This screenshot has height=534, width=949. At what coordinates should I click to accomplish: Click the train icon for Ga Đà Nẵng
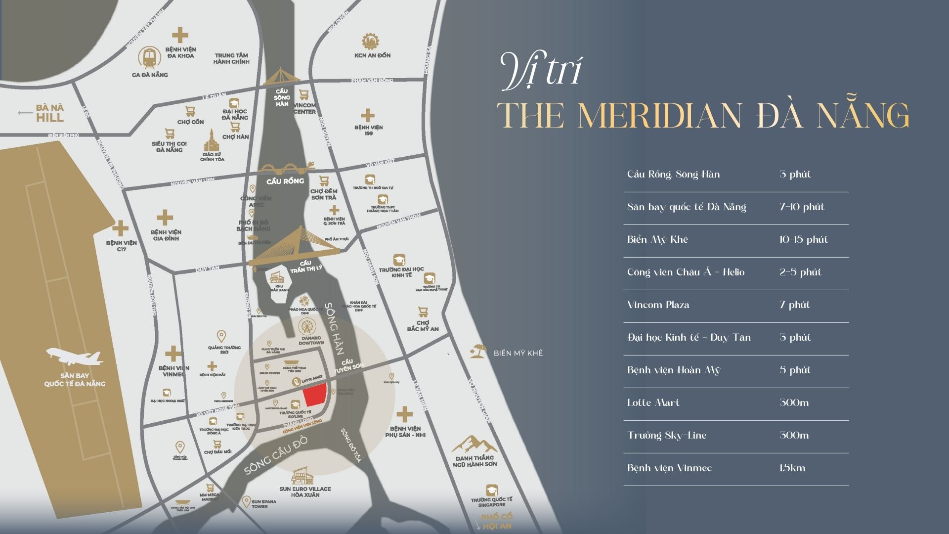(149, 58)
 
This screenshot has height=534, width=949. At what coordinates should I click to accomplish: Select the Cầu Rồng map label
(285, 181)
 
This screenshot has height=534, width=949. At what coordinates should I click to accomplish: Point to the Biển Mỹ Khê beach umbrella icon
(478, 351)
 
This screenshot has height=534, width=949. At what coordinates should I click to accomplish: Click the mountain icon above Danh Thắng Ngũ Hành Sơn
(474, 444)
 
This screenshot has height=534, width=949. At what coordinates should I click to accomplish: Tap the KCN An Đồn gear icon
(369, 42)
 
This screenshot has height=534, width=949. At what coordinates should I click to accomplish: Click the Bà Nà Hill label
(50, 113)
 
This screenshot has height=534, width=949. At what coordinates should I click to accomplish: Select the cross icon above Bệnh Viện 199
(367, 115)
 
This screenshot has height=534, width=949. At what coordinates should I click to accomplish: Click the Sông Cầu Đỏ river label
(276, 455)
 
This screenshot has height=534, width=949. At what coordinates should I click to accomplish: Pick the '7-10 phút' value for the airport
(802, 207)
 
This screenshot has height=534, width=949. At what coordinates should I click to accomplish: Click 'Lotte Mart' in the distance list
(653, 403)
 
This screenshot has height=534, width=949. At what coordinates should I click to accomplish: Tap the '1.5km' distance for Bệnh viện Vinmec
(792, 468)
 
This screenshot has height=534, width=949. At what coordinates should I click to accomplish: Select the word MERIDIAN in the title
(659, 116)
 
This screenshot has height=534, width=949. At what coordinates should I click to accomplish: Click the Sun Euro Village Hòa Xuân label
(305, 492)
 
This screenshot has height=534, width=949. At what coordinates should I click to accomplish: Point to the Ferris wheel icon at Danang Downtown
(306, 326)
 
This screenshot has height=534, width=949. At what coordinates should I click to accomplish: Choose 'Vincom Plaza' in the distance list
(658, 305)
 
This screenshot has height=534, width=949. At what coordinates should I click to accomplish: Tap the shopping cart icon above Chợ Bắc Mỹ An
(423, 312)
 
